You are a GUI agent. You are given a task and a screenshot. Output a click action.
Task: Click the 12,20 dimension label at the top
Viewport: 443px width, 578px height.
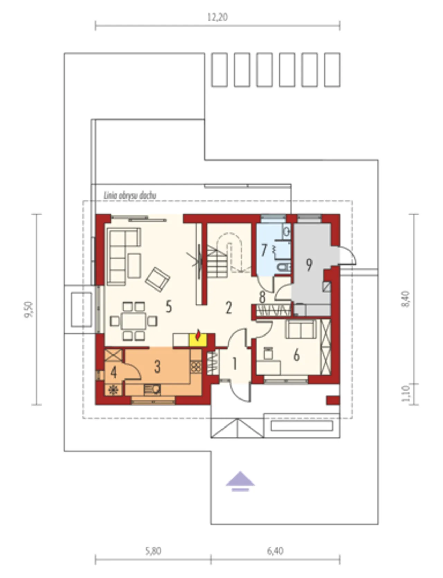[217, 17]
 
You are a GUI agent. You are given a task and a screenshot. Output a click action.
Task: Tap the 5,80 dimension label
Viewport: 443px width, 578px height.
[153, 551]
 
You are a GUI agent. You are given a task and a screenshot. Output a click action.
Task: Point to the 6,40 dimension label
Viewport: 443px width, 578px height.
[275, 551]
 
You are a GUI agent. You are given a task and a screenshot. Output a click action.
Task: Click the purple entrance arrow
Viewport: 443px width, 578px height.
[241, 481]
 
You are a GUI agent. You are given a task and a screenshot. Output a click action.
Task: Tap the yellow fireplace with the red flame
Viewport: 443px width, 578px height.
[198, 339]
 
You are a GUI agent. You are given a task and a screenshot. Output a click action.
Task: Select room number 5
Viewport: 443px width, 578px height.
[169, 306]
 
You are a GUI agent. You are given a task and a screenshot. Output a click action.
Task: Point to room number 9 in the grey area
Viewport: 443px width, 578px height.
[309, 265]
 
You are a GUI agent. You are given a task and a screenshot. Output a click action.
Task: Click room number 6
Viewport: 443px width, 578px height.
[296, 355]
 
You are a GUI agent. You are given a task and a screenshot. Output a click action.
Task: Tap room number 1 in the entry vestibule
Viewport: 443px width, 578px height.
[235, 364]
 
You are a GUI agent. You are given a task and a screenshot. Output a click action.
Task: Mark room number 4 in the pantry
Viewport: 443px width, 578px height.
[114, 372]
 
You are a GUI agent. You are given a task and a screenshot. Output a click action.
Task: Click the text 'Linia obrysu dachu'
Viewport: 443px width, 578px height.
[130, 195]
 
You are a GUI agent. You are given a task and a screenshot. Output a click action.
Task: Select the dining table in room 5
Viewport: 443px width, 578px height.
[134, 321]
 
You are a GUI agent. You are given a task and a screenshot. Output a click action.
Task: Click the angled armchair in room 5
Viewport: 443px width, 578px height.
[157, 279]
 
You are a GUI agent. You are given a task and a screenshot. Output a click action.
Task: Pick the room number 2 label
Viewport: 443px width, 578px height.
[228, 308]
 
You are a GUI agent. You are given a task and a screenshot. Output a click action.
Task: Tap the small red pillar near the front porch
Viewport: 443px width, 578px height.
[333, 400]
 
